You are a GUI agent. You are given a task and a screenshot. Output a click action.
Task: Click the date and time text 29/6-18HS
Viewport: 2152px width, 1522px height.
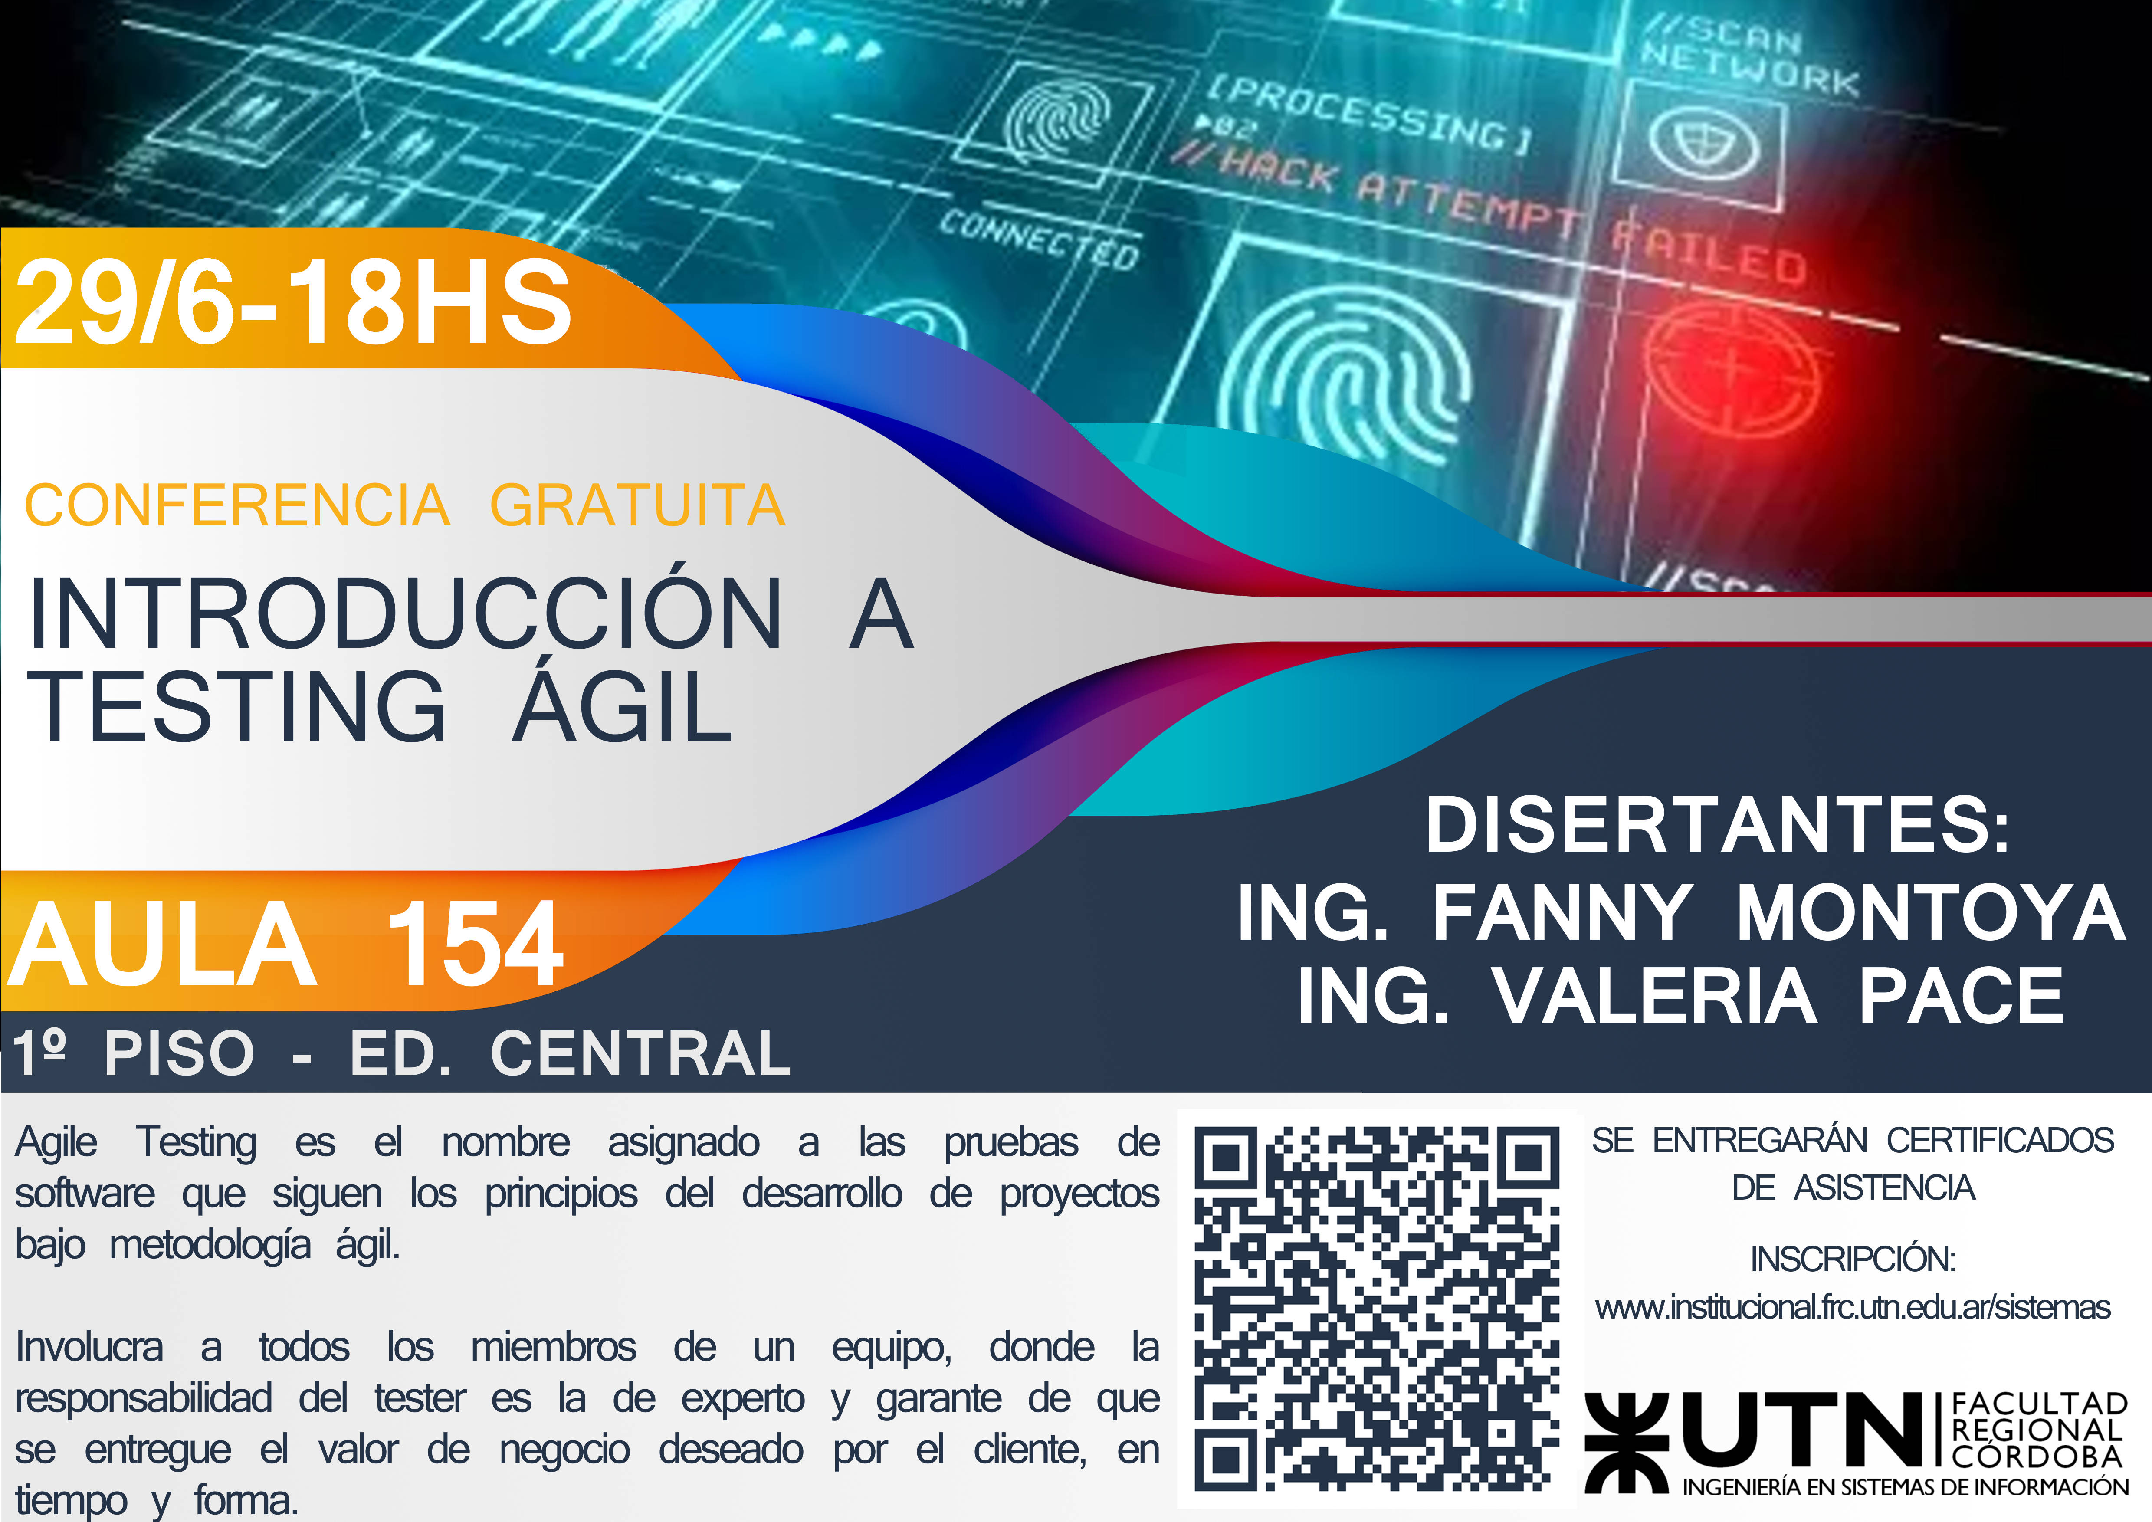click(x=292, y=302)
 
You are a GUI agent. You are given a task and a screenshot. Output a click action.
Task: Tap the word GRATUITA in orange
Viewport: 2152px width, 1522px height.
click(x=637, y=506)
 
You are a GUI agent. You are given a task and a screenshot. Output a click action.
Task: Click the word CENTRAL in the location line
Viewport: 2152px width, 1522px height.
click(x=641, y=1053)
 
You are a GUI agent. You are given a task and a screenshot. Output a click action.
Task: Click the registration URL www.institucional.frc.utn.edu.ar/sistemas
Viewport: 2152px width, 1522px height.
click(x=1853, y=1307)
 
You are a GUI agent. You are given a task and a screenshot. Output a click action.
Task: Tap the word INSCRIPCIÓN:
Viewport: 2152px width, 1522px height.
click(x=1853, y=1259)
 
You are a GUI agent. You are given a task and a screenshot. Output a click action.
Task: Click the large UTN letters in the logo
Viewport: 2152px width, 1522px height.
click(x=1804, y=1429)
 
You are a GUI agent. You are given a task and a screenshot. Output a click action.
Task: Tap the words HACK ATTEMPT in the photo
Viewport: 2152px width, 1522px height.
click(x=1397, y=197)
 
